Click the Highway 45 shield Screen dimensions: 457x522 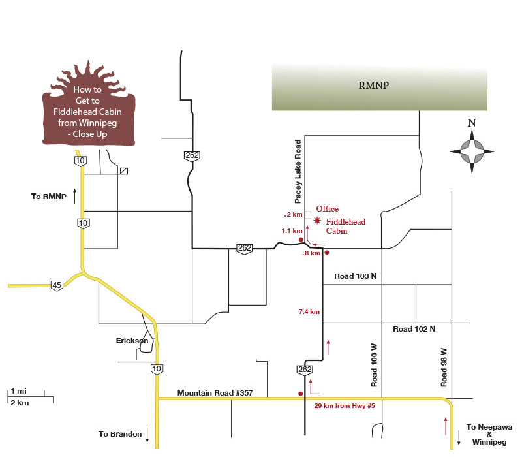click(57, 285)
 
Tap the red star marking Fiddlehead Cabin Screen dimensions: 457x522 click(318, 221)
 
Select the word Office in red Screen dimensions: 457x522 click(327, 209)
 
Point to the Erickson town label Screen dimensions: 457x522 click(132, 341)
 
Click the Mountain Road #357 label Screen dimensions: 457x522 click(215, 394)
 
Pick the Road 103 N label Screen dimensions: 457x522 click(355, 276)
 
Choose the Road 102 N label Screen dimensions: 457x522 click(414, 329)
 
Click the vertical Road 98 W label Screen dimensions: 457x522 click(444, 366)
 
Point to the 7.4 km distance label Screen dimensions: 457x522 click(309, 312)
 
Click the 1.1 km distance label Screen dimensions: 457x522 click(292, 230)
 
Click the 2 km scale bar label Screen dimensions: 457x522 click(20, 403)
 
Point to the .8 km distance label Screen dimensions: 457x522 click(311, 253)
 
